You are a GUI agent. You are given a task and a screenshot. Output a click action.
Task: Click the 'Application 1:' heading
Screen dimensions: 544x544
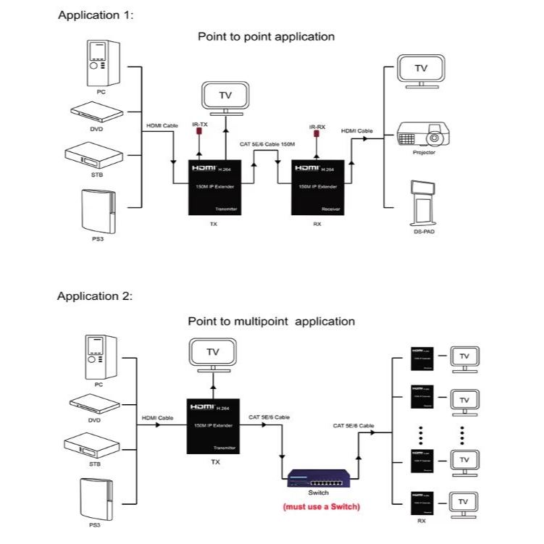[96, 15]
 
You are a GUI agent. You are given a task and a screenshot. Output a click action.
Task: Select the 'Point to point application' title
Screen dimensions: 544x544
[266, 36]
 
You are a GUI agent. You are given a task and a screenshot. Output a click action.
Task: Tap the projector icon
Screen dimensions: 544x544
[420, 135]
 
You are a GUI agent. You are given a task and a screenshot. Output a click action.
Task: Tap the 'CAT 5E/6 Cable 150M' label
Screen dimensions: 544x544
[267, 145]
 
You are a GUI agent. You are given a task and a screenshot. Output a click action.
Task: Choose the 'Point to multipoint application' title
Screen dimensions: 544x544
[271, 321]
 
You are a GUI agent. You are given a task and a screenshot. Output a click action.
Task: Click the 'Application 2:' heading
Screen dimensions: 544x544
[95, 296]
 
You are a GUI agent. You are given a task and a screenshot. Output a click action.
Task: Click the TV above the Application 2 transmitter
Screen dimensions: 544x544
[213, 354]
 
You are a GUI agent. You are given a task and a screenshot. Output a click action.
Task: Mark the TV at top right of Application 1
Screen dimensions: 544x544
[420, 70]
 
